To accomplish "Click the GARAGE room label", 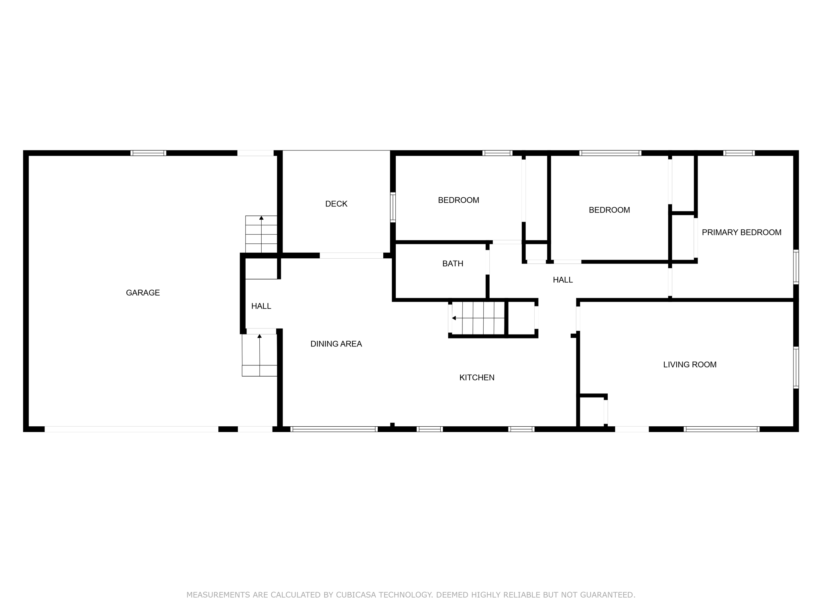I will point(143,293).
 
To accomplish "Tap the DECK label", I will point(336,204).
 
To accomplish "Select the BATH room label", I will point(452,263).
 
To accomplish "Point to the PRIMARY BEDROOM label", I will point(741,232).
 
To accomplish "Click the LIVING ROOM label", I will point(690,365).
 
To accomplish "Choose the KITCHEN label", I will point(476,377).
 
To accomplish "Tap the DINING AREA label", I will point(336,344).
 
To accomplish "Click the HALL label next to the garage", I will point(261,306).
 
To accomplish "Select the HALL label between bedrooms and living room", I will point(562,280).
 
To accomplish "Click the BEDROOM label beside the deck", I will point(458,200).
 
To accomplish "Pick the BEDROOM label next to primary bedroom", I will point(609,210).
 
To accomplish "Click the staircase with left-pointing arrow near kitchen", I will point(478,318).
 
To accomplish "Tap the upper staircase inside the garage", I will point(261,234).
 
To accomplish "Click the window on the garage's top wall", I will point(148,153).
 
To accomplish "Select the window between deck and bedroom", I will point(393,207).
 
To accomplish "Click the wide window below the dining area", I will point(334,429).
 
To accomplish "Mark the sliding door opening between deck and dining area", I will point(351,255).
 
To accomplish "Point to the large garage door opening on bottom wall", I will point(131,429).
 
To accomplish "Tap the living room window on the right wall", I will point(796,367).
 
